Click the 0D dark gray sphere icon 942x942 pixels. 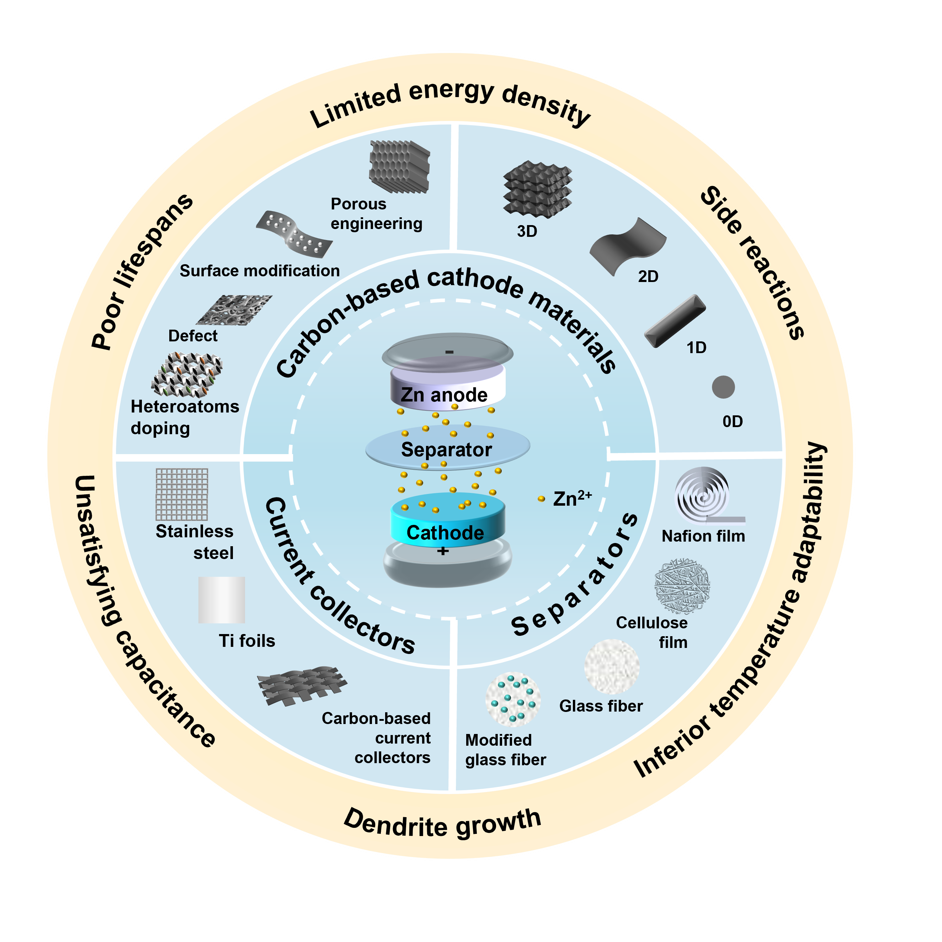coord(723,387)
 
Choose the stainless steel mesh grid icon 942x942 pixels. coord(182,494)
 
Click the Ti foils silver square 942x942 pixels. coord(222,600)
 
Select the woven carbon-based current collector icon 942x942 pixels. coord(302,685)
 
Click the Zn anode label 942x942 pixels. coord(444,394)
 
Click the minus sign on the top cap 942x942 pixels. coord(449,352)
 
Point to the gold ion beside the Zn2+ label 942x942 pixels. coord(541,499)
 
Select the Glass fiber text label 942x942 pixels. coord(601,706)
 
